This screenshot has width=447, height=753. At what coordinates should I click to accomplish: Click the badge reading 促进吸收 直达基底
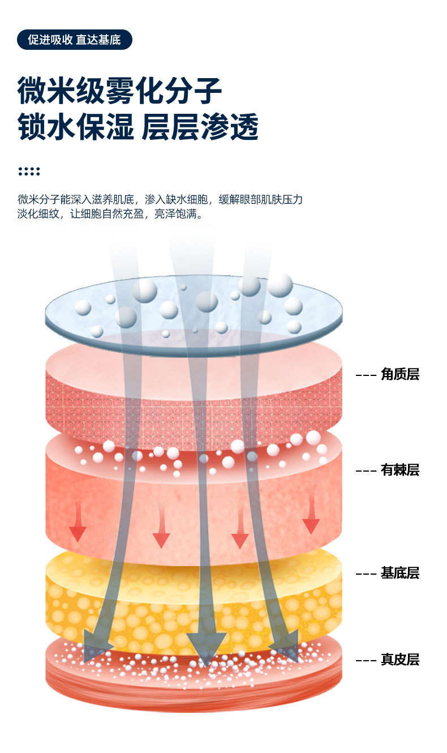(74, 40)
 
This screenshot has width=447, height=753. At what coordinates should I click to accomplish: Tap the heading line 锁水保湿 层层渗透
(138, 126)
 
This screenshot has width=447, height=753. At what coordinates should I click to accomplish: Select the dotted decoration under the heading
(29, 171)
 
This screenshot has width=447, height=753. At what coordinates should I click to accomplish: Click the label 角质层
(399, 374)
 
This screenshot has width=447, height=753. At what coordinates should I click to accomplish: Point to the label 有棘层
(399, 470)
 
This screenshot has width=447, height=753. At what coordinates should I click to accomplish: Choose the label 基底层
(399, 573)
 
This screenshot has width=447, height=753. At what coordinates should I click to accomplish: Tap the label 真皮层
(399, 660)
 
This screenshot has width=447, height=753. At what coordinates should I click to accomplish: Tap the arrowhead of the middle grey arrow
(206, 649)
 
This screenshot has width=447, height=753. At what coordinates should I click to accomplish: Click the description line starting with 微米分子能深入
(160, 199)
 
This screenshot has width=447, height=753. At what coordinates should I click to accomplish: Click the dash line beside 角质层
(366, 375)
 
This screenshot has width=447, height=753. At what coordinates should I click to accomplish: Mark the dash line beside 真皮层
(366, 660)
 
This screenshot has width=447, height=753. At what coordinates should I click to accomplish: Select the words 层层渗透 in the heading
(200, 126)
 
